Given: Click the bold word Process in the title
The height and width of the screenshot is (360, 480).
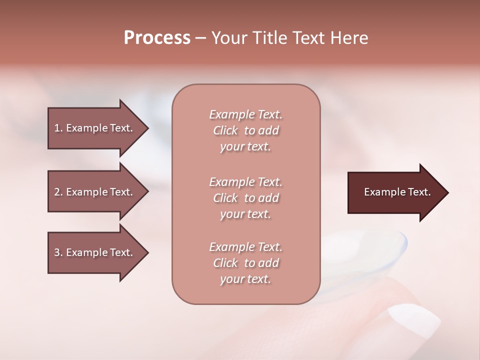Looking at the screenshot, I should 157,38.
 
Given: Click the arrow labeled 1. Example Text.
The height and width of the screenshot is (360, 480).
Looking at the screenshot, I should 93,128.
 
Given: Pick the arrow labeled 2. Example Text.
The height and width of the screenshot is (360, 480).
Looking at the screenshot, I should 93,192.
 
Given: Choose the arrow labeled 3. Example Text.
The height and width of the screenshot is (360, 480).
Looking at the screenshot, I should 93,252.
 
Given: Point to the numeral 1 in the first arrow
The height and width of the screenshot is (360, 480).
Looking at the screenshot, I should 57,128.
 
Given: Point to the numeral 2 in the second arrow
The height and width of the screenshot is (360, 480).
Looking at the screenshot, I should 57,192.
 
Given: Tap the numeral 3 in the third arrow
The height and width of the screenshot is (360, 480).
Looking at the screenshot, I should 57,252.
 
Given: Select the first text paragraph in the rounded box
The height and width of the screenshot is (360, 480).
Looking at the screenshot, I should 245,130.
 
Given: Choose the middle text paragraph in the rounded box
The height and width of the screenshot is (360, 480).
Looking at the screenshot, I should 245,198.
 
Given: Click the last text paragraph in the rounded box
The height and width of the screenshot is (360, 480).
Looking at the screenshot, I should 245,263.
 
